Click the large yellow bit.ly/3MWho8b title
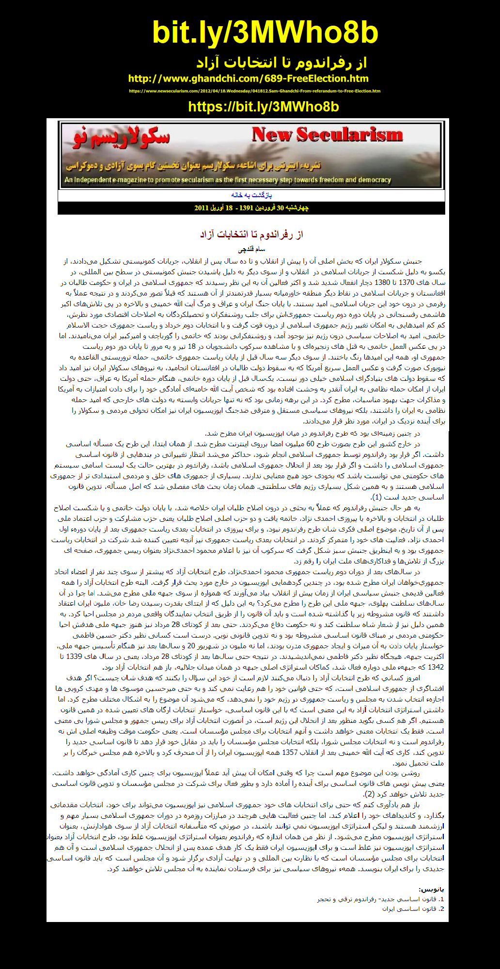click(x=265, y=32)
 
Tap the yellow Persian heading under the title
click(x=281, y=63)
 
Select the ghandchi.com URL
click(x=248, y=78)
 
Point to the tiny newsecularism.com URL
click(x=254, y=91)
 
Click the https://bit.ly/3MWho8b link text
click(x=263, y=107)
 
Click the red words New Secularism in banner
click(x=327, y=135)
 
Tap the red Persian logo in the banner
click(x=121, y=137)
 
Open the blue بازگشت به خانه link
click(x=251, y=195)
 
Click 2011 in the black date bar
click(x=201, y=208)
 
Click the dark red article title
click(x=251, y=234)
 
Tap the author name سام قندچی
click(x=251, y=249)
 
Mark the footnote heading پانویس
click(x=431, y=889)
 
